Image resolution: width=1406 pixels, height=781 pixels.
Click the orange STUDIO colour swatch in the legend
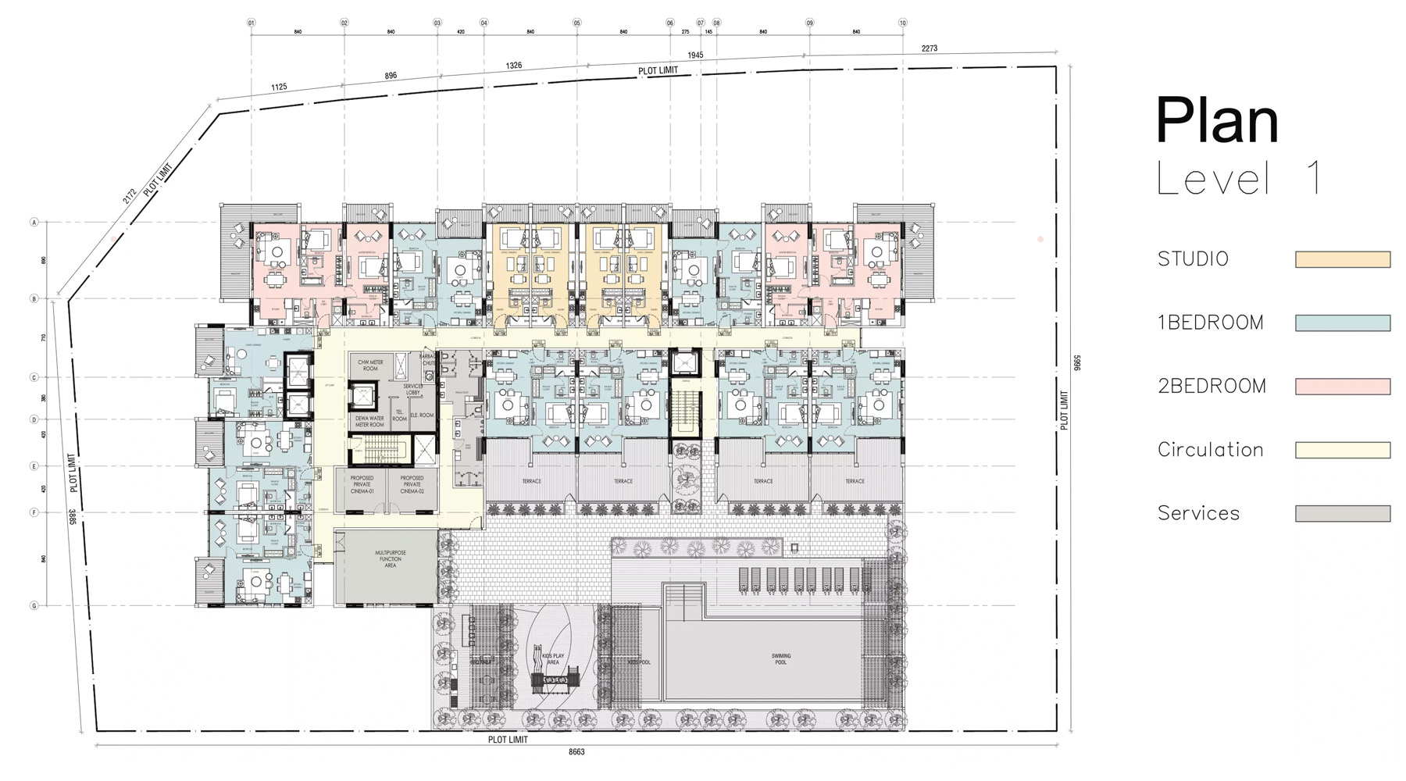[1342, 259]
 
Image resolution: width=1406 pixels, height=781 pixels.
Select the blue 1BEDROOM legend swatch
[1342, 323]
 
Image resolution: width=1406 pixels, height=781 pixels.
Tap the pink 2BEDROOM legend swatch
[1342, 386]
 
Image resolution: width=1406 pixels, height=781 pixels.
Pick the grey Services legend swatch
[1342, 513]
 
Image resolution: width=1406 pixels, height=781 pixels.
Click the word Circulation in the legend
[1210, 450]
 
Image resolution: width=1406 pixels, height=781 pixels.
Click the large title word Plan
[1216, 121]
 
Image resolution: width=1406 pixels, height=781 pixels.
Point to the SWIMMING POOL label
[780, 659]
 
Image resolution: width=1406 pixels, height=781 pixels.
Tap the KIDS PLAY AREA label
[553, 659]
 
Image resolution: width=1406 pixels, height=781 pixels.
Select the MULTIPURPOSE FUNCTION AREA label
[390, 558]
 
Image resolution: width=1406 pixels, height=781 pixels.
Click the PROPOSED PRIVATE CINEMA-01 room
[362, 484]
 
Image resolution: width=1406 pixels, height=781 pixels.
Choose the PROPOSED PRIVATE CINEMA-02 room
[412, 484]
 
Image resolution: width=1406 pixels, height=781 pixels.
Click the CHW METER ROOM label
[370, 366]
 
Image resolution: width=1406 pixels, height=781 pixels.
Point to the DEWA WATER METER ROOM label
[369, 421]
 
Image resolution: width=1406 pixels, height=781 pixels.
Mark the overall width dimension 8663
[576, 752]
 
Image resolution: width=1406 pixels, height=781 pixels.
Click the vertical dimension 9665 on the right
[1076, 363]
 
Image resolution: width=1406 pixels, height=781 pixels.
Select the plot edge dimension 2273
[929, 48]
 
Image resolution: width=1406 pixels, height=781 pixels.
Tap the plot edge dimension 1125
[279, 87]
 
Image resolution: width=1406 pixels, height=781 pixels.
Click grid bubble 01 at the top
[252, 23]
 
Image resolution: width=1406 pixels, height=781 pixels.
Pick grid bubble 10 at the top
[902, 23]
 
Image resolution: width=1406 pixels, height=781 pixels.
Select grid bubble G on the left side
[34, 605]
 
